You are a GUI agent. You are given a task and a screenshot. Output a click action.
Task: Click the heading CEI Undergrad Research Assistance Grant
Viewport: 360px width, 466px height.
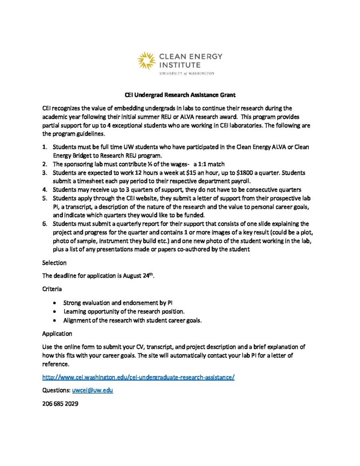point(180,95)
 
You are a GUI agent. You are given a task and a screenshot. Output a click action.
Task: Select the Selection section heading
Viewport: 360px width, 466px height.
point(54,263)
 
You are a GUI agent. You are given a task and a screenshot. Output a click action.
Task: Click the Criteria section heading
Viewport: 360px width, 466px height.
point(52,289)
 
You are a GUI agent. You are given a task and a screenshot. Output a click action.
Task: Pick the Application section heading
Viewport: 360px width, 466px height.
point(57,333)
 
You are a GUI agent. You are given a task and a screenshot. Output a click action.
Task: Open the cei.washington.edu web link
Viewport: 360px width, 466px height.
point(138,377)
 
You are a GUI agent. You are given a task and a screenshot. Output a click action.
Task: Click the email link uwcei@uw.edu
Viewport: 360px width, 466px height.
point(92,390)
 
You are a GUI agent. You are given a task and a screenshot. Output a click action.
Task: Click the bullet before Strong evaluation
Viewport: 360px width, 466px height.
point(55,303)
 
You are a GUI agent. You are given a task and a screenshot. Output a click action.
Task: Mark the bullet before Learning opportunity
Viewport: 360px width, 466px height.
point(55,311)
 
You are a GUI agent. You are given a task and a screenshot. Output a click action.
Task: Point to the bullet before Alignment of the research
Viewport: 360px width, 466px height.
point(55,320)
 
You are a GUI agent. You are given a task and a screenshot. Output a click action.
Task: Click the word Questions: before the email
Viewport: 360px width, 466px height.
point(56,390)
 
